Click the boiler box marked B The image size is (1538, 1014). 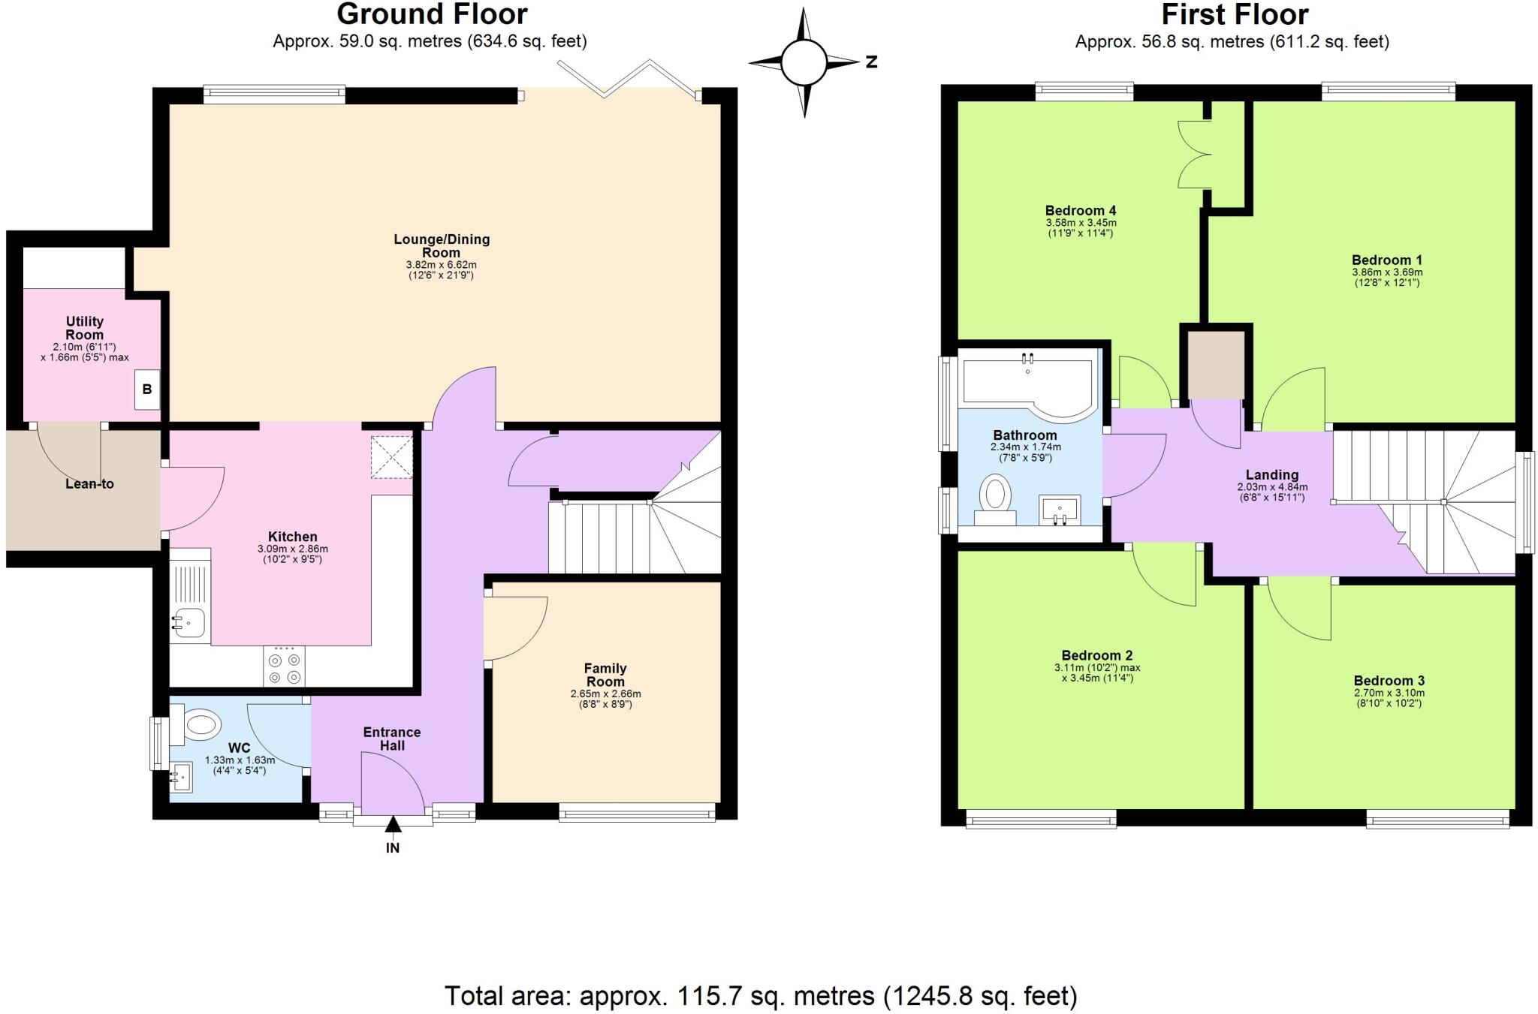pyautogui.click(x=147, y=390)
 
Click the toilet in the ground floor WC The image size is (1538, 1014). pyautogui.click(x=197, y=725)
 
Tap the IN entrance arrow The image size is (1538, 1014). pyautogui.click(x=392, y=826)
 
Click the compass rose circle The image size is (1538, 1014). pyautogui.click(x=803, y=62)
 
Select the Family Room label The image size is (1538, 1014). pyautogui.click(x=605, y=675)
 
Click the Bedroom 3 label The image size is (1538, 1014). pyautogui.click(x=1389, y=681)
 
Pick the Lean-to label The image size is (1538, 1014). pyautogui.click(x=89, y=484)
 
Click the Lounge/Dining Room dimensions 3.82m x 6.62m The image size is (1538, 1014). pyautogui.click(x=441, y=265)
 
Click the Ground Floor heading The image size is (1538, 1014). pyautogui.click(x=432, y=14)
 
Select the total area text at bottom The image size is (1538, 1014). pyautogui.click(x=761, y=996)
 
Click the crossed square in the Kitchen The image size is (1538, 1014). pyautogui.click(x=391, y=456)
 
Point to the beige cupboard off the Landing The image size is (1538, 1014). pyautogui.click(x=1215, y=366)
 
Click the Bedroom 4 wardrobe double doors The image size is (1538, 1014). pyautogui.click(x=1194, y=154)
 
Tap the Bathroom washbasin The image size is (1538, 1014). pyautogui.click(x=1060, y=510)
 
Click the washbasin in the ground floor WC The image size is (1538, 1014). pyautogui.click(x=180, y=778)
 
